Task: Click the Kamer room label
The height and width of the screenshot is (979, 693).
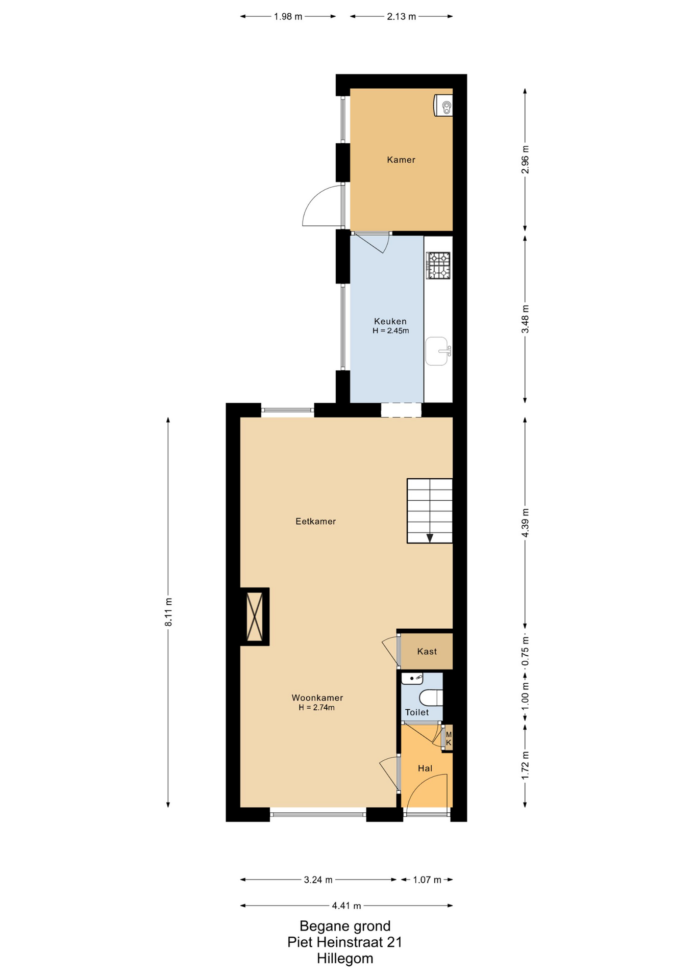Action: pyautogui.click(x=401, y=160)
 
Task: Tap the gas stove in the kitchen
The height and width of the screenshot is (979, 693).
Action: pyautogui.click(x=438, y=266)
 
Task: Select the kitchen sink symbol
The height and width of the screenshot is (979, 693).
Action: pyautogui.click(x=438, y=351)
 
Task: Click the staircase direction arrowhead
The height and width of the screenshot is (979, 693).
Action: pyautogui.click(x=430, y=537)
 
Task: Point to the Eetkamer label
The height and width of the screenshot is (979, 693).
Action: pyautogui.click(x=316, y=521)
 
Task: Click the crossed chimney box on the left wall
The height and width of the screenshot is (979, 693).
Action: pyautogui.click(x=255, y=616)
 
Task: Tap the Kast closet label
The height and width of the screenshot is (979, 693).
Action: pyautogui.click(x=427, y=651)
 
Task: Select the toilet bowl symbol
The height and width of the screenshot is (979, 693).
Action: pyautogui.click(x=432, y=698)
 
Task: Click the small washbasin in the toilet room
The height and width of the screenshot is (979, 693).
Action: pyautogui.click(x=412, y=679)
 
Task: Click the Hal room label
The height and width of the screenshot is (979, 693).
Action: pyautogui.click(x=425, y=768)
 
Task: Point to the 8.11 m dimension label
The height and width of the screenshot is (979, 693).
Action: pyautogui.click(x=168, y=612)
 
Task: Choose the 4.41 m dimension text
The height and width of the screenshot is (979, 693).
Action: pyautogui.click(x=346, y=906)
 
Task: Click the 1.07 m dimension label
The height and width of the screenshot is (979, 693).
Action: pyautogui.click(x=427, y=880)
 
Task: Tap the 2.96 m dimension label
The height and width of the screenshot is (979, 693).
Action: pyautogui.click(x=525, y=160)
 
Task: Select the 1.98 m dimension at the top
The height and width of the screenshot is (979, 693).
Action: pyautogui.click(x=288, y=16)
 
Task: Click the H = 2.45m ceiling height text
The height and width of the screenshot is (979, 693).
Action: pyautogui.click(x=391, y=330)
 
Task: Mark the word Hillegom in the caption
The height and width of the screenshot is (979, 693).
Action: pyautogui.click(x=345, y=958)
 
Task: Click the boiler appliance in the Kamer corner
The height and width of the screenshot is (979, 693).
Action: pyautogui.click(x=443, y=106)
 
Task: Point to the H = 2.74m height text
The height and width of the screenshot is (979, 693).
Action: pyautogui.click(x=317, y=707)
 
